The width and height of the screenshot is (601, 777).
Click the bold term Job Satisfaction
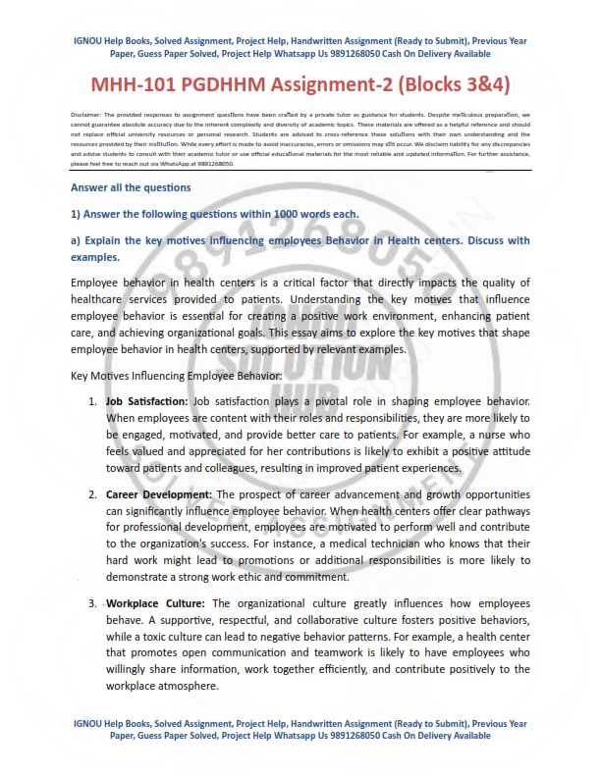[x=146, y=402]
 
